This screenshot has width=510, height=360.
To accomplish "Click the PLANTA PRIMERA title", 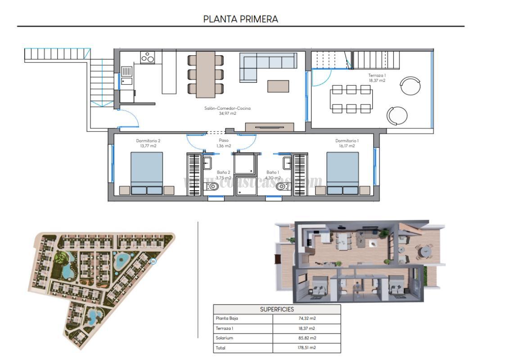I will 241,19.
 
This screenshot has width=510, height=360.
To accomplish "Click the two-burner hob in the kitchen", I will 148,58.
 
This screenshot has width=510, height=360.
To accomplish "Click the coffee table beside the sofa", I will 278,86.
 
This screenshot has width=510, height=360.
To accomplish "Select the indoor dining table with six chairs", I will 206,74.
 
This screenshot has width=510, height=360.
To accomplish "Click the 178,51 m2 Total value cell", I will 307,348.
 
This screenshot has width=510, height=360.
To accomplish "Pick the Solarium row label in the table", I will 225,338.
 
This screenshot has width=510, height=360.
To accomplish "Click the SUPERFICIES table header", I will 277,309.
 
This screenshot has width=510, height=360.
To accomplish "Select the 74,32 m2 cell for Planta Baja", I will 307,318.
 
